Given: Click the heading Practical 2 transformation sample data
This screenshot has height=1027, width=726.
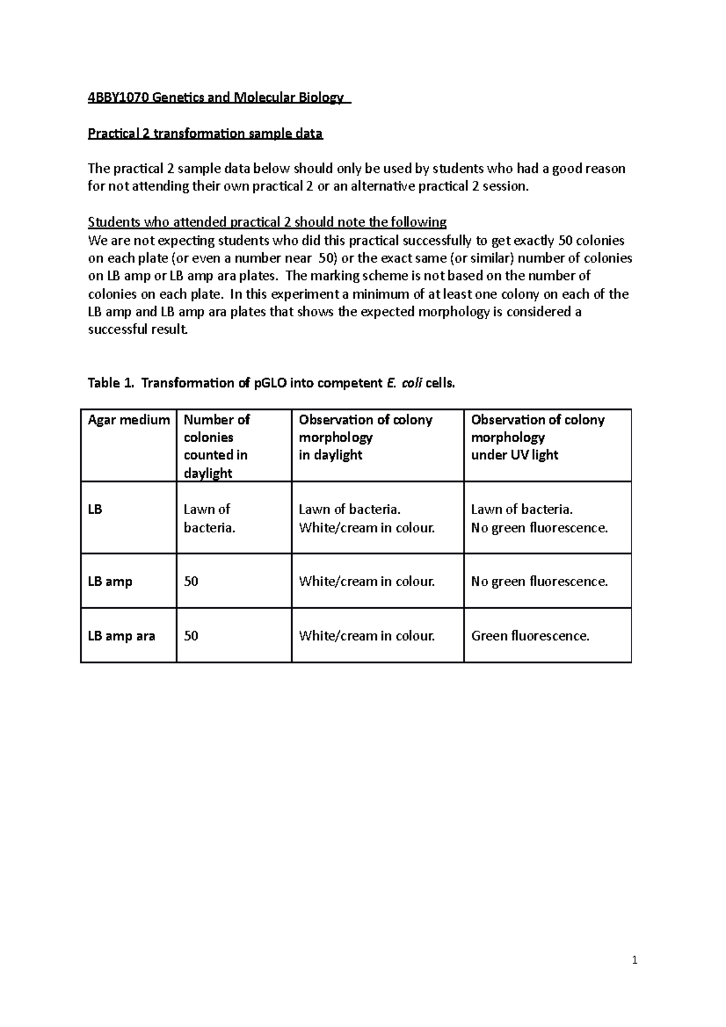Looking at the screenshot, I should [205, 134].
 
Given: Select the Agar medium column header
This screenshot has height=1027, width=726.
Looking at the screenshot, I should [128, 420].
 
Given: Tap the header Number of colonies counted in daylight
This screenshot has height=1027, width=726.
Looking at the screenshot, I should [216, 446].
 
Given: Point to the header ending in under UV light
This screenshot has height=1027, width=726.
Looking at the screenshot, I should [537, 437].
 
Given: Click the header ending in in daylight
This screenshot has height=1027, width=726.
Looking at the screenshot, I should [365, 437].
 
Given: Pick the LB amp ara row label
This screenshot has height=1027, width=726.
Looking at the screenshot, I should [122, 636].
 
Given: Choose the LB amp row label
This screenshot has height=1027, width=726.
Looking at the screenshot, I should [110, 581].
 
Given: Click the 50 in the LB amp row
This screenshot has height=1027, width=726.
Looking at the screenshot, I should [191, 581].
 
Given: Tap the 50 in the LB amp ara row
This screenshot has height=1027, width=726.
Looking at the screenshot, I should [191, 636].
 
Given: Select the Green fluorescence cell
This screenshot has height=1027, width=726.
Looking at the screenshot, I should [530, 636].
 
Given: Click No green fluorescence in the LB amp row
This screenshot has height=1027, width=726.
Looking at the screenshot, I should [539, 581].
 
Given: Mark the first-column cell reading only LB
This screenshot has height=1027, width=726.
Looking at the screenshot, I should [95, 509].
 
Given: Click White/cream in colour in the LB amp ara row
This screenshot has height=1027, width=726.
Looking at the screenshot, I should [367, 636].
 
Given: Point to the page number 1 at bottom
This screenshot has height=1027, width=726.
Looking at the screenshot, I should [635, 960].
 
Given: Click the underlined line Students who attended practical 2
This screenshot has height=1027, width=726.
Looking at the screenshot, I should [267, 222].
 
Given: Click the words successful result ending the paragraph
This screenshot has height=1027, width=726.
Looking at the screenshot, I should [138, 330].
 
